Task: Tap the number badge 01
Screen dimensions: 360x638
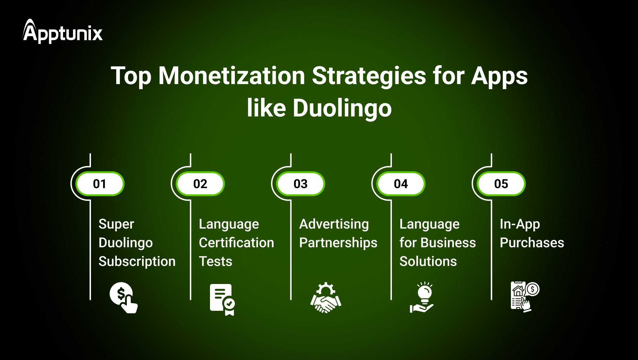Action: [100, 184]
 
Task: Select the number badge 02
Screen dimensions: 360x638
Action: [200, 184]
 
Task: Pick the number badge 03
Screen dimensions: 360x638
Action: [301, 184]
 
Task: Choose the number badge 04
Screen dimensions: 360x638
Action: [401, 184]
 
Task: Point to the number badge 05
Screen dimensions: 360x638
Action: [501, 184]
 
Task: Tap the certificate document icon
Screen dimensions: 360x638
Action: [222, 299]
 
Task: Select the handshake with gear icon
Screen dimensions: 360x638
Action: [326, 298]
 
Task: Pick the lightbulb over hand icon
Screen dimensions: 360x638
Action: [422, 297]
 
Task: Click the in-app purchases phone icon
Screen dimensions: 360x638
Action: [525, 296]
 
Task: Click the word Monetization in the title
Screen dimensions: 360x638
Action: [232, 76]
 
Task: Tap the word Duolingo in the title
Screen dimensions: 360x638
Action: [342, 108]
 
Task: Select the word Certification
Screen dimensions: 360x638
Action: [236, 243]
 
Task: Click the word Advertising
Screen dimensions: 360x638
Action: [334, 224]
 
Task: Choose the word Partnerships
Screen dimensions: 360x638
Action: [338, 243]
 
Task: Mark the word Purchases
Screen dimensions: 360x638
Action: [532, 243]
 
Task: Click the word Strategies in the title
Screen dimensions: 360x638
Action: [369, 76]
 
